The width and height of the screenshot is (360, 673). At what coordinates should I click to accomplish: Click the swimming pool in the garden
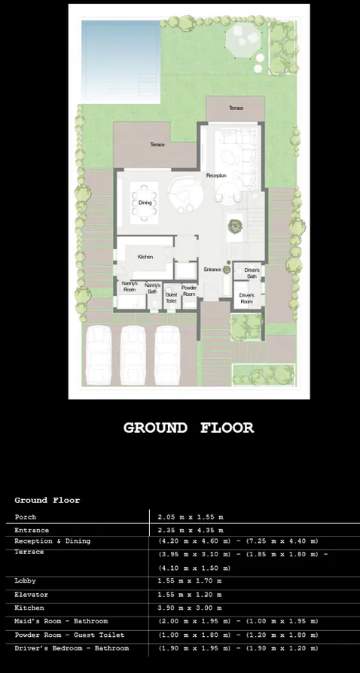pyautogui.click(x=120, y=50)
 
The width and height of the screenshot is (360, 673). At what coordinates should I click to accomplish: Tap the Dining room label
pyautogui.click(x=145, y=202)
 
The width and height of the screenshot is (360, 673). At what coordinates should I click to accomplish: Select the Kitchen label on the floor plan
pyautogui.click(x=145, y=257)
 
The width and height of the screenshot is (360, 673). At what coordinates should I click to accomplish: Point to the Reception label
pyautogui.click(x=216, y=175)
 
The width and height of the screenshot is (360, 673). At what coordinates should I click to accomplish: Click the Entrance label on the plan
pyautogui.click(x=212, y=270)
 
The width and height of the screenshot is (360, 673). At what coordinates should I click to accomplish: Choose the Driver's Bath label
pyautogui.click(x=252, y=273)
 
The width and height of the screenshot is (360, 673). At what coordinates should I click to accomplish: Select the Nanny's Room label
pyautogui.click(x=129, y=287)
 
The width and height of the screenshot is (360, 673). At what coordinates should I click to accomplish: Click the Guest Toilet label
pyautogui.click(x=171, y=297)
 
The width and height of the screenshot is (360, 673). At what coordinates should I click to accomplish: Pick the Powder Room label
pyautogui.click(x=189, y=291)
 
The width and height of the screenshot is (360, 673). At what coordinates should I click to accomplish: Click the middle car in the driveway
pyautogui.click(x=133, y=355)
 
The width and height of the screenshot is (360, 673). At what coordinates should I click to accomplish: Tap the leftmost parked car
pyautogui.click(x=99, y=355)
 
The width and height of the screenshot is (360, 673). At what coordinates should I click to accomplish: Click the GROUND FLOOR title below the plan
pyautogui.click(x=188, y=428)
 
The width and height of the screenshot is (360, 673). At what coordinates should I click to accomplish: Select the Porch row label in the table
pyautogui.click(x=26, y=517)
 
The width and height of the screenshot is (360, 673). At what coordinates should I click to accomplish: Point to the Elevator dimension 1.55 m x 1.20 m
pyautogui.click(x=190, y=594)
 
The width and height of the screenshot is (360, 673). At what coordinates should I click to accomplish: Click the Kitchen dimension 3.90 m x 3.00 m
pyautogui.click(x=190, y=608)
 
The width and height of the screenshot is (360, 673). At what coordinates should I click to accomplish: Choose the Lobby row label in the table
pyautogui.click(x=26, y=580)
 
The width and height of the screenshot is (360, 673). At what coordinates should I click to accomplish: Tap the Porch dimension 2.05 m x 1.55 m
pyautogui.click(x=190, y=517)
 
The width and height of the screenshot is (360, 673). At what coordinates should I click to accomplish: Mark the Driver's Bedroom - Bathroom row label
pyautogui.click(x=72, y=647)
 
